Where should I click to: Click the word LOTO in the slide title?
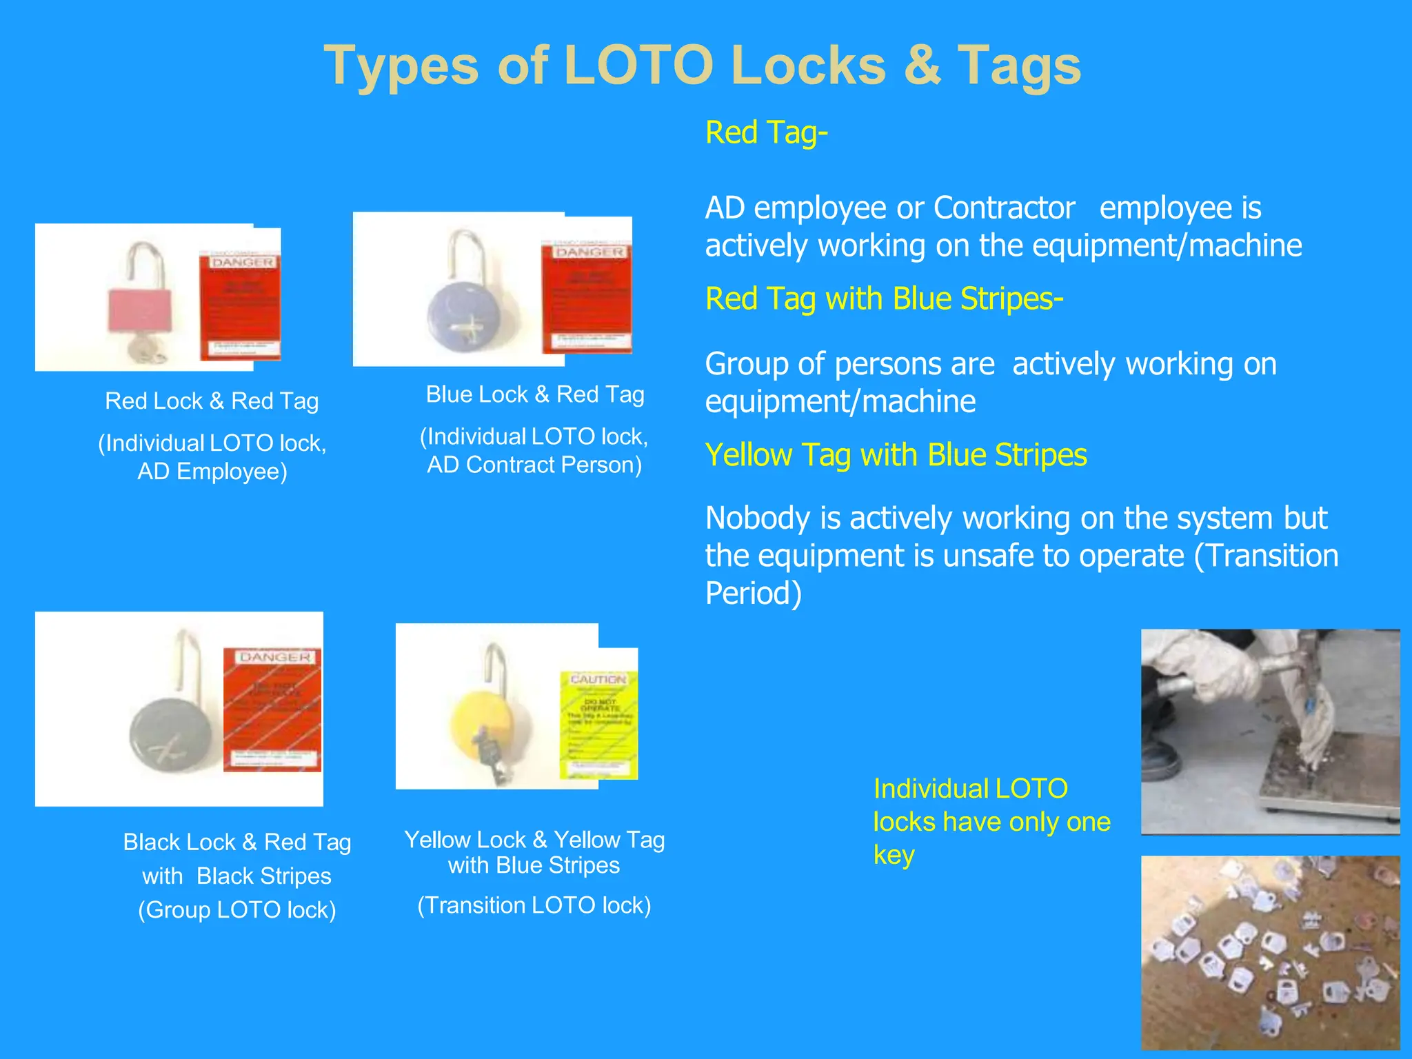point(638,66)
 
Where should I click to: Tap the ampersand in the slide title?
point(922,66)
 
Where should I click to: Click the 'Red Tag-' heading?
point(766,132)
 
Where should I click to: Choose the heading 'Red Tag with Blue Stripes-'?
point(884,299)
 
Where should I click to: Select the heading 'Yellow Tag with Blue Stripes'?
point(896,455)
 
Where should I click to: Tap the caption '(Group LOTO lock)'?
point(237,910)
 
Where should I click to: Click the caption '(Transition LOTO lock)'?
point(534,905)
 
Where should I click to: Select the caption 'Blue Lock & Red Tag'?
point(535,394)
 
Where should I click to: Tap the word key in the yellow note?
point(894,855)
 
